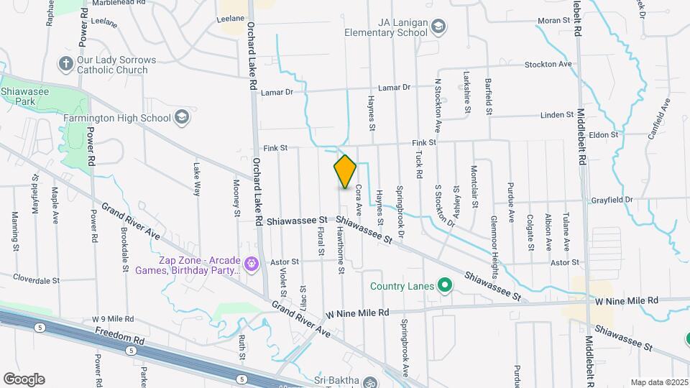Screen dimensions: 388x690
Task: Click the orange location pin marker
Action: tap(345, 172)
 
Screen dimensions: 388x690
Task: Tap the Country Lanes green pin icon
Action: tap(444, 286)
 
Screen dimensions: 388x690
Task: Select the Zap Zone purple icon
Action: tap(251, 264)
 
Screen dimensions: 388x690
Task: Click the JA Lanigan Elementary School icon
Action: tap(438, 27)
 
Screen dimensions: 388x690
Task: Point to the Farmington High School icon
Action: tap(183, 117)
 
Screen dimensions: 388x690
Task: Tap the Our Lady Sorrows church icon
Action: tap(65, 64)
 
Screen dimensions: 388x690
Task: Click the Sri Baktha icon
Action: tap(369, 381)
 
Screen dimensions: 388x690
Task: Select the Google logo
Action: tap(24, 379)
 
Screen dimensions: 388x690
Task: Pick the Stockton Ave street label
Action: tap(548, 64)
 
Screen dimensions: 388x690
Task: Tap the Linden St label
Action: tap(556, 115)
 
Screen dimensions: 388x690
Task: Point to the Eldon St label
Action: tap(604, 134)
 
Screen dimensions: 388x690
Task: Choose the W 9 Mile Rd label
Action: tap(113, 318)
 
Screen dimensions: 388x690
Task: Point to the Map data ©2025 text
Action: tap(659, 382)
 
